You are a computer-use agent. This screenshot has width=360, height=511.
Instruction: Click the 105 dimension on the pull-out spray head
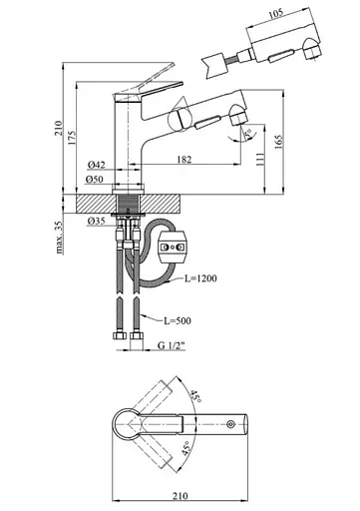(x=275, y=13)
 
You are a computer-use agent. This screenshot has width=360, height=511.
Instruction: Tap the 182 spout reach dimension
(x=184, y=160)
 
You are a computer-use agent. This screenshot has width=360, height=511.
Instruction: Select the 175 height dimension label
(x=72, y=137)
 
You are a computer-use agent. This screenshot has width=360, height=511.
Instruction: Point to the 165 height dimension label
(x=278, y=141)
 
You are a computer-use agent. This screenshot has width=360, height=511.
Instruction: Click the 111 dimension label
(x=260, y=160)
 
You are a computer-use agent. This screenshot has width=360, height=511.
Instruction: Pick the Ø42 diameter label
(x=97, y=165)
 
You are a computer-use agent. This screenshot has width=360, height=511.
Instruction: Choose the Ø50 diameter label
(x=95, y=180)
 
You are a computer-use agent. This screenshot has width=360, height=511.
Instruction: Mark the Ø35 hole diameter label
(x=97, y=221)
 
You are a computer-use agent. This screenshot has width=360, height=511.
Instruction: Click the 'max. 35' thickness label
(x=59, y=238)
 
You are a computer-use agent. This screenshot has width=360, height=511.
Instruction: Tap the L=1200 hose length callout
(x=200, y=278)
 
